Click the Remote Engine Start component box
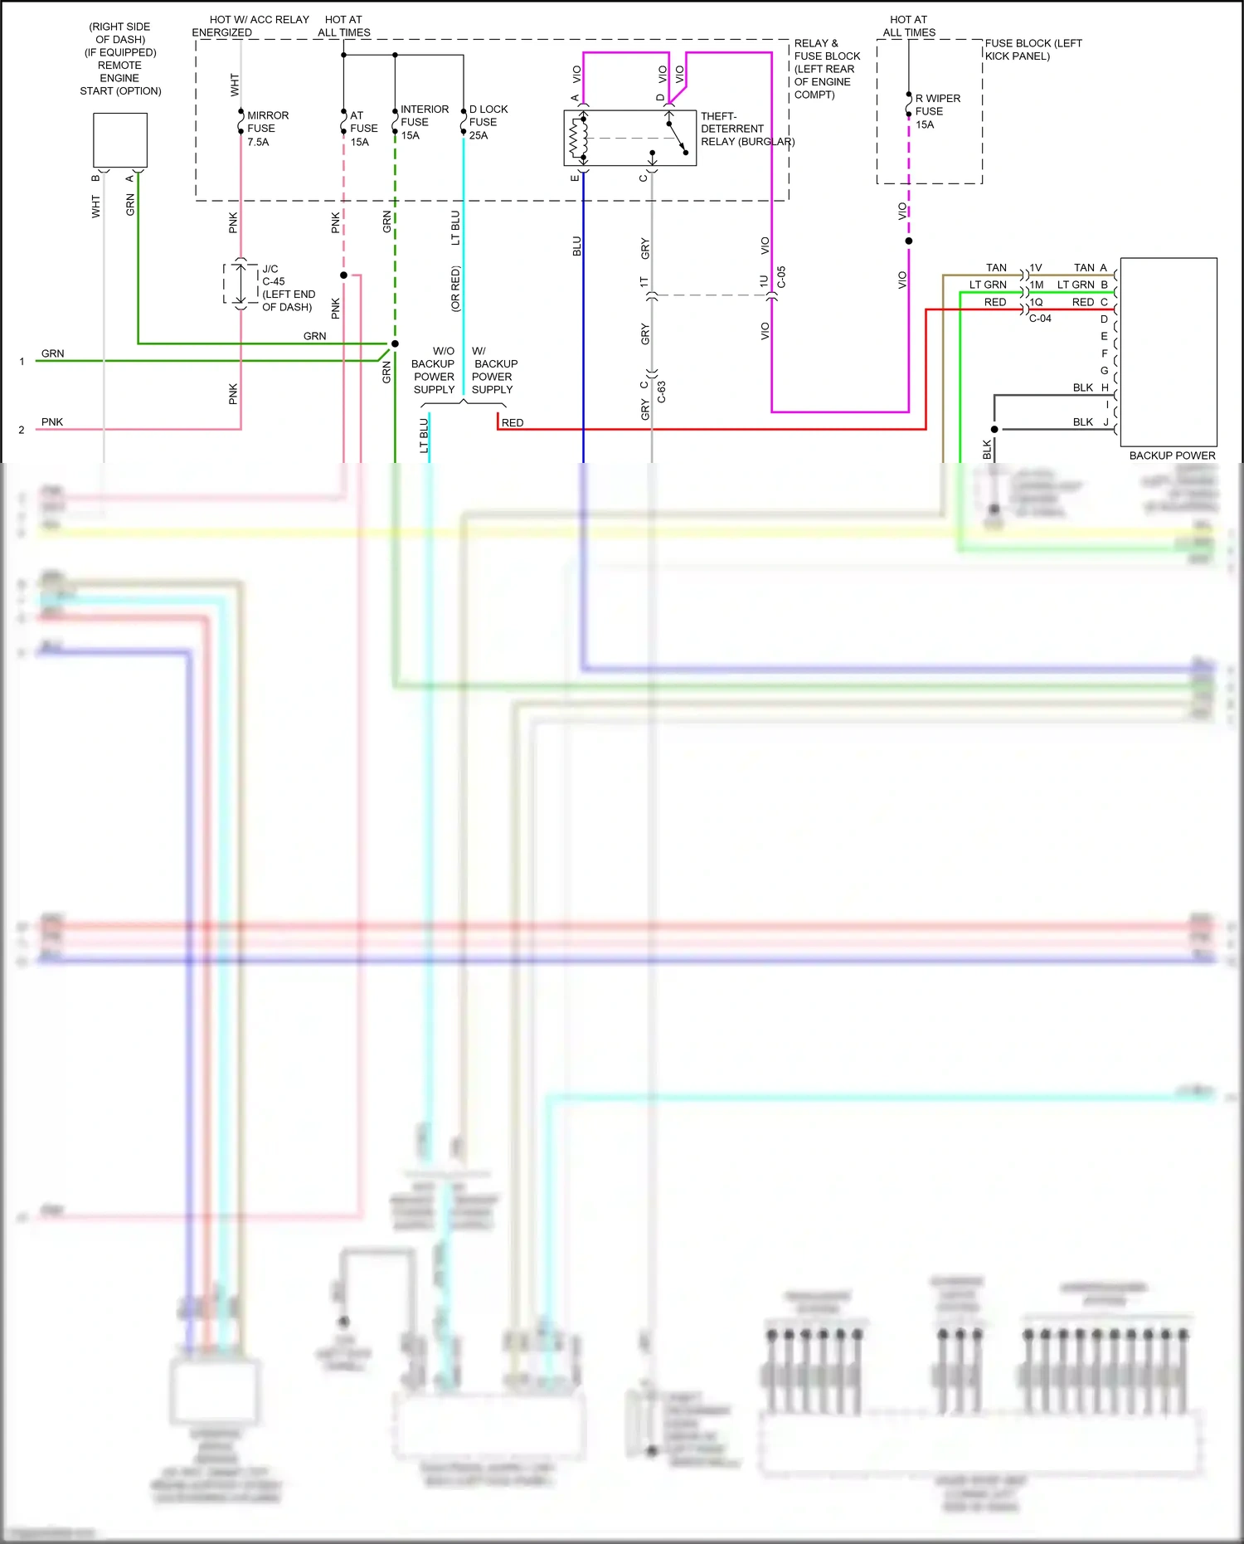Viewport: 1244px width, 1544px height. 120,140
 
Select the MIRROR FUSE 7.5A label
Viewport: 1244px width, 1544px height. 267,129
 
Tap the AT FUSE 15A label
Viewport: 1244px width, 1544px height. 363,129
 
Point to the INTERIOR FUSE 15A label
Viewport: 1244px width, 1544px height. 424,122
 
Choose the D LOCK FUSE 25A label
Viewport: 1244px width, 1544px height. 488,122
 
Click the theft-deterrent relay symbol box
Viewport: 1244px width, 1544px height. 629,138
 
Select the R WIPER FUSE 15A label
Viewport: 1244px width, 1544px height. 937,111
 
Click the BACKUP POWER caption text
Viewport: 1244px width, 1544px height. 1171,455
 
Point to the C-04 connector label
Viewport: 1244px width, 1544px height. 1040,319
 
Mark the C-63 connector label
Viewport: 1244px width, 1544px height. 661,392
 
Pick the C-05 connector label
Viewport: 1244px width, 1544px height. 781,277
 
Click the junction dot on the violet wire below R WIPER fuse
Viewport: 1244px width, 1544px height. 909,241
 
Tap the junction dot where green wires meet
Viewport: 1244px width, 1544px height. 395,343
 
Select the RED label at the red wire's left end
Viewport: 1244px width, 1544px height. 513,423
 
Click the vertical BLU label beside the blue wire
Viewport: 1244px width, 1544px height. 576,246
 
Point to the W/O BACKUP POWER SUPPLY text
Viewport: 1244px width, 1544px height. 434,370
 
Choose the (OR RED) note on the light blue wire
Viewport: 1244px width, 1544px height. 455,289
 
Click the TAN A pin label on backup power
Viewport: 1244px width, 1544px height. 1090,268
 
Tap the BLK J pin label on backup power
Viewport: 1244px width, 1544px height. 1090,422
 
